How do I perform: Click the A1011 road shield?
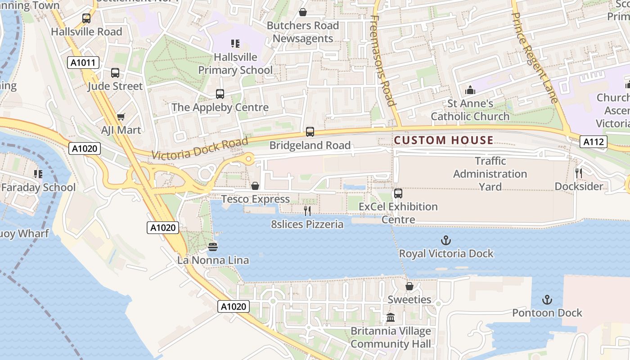point(84,63)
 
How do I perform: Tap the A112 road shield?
point(593,142)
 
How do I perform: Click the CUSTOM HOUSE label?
point(443,140)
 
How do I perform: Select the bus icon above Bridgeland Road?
point(310,132)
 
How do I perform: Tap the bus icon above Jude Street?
point(115,73)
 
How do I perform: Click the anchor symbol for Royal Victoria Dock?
point(446,240)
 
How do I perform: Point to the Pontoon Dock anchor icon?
point(547,300)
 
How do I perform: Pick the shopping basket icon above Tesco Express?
point(255,186)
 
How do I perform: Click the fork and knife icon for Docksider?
point(579,173)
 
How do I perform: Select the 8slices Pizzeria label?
point(307,224)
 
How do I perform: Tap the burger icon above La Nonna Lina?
point(213,247)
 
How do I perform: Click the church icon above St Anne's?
point(470,90)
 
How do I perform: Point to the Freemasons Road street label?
point(383,61)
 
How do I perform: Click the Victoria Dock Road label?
point(200,148)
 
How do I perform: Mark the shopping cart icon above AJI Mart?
point(121,117)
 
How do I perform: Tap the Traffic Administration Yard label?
point(490,174)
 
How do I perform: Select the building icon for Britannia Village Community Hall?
point(391,318)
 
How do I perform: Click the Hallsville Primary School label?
point(235,63)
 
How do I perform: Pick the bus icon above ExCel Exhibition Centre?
point(398,193)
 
